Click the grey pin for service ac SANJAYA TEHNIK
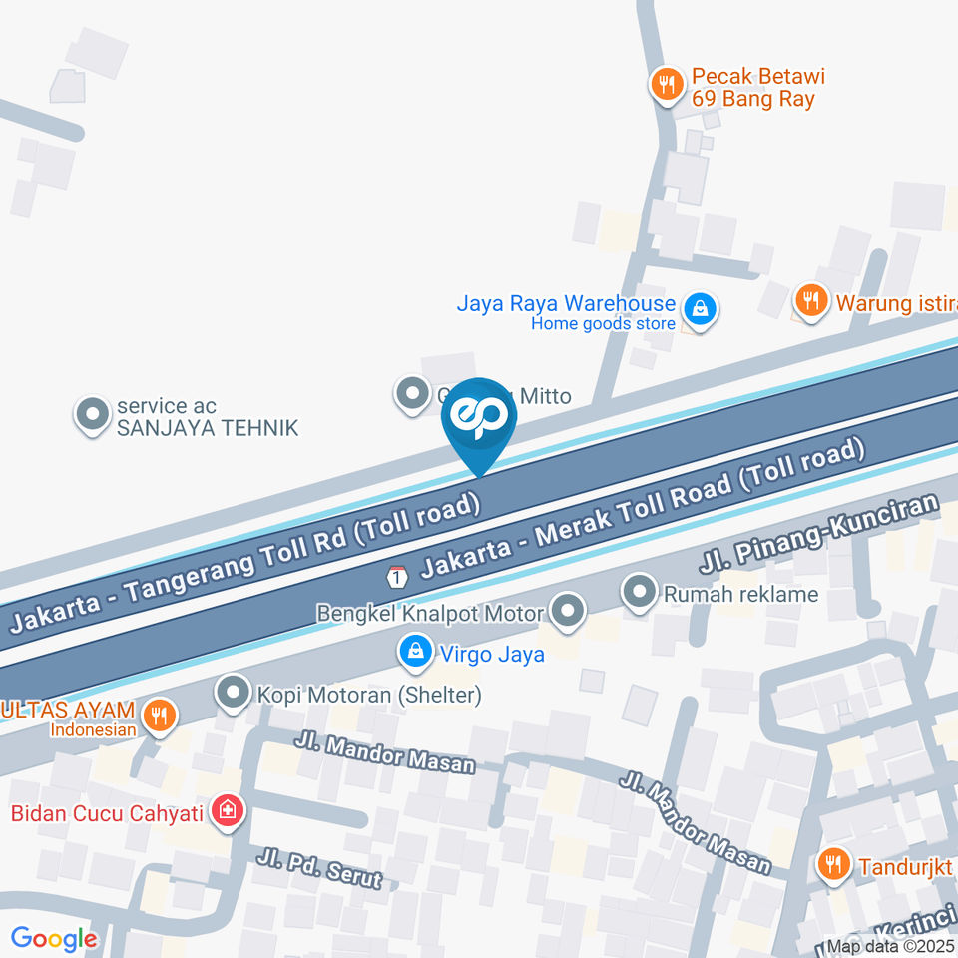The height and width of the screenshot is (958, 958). (x=93, y=415)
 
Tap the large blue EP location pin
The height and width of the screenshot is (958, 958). (x=480, y=421)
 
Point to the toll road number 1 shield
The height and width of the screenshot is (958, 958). (x=398, y=577)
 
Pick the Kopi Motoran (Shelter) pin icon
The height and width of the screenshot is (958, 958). (x=234, y=693)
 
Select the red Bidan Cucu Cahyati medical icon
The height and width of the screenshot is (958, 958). (x=228, y=811)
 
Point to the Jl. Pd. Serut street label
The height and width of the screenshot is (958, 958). (x=318, y=867)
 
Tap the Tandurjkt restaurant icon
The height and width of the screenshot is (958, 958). (x=832, y=864)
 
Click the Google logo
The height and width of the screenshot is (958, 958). (x=54, y=938)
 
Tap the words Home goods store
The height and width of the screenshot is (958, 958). (x=603, y=323)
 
